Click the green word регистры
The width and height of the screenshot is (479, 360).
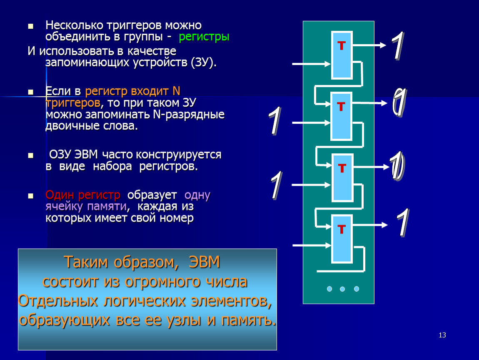click(204, 37)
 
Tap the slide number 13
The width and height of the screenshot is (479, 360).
click(442, 335)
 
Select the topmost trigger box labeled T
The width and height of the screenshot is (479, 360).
click(342, 55)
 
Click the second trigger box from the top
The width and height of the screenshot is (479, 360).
click(341, 116)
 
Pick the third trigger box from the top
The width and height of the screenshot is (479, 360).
click(342, 177)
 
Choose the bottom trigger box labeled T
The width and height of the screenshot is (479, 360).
click(342, 239)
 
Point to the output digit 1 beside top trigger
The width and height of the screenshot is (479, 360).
click(398, 45)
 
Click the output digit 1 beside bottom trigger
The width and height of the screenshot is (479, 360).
click(403, 223)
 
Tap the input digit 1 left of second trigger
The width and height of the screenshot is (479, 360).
click(275, 121)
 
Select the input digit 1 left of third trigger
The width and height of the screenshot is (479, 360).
click(277, 185)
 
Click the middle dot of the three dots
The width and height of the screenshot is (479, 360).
click(342, 289)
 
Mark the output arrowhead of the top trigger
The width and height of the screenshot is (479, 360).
click(383, 45)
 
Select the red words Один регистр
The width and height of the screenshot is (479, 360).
click(83, 195)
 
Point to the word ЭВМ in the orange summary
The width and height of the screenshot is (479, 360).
click(205, 262)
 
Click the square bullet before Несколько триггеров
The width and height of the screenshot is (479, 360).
click(30, 26)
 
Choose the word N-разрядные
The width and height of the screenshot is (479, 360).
click(189, 114)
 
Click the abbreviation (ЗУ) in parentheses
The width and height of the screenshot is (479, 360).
click(204, 62)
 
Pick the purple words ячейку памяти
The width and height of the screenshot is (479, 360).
click(86, 207)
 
